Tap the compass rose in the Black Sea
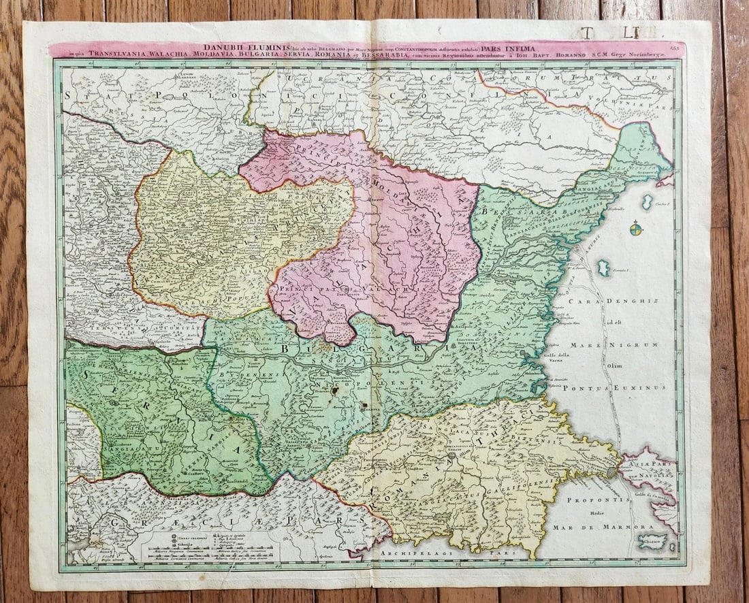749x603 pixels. click(635, 229)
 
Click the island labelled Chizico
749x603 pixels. click(652, 542)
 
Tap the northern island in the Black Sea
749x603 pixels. click(648, 201)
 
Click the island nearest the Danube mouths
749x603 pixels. click(603, 267)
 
